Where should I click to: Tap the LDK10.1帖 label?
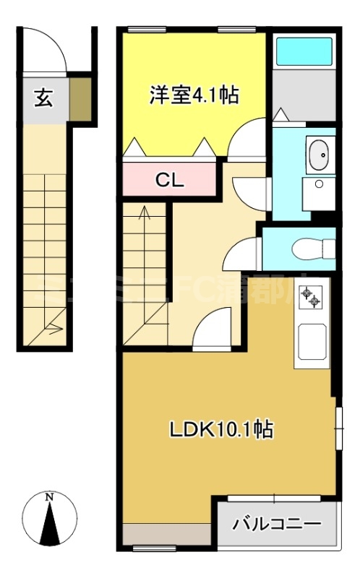click(x=220, y=431)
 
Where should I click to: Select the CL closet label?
click(x=171, y=180)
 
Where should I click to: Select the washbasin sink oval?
click(x=317, y=155)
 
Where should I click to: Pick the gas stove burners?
click(x=312, y=297)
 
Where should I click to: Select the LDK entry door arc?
click(x=213, y=324)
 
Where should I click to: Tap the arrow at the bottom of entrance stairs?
click(x=53, y=329)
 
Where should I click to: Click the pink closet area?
click(x=171, y=179)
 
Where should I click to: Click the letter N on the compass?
click(x=49, y=497)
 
